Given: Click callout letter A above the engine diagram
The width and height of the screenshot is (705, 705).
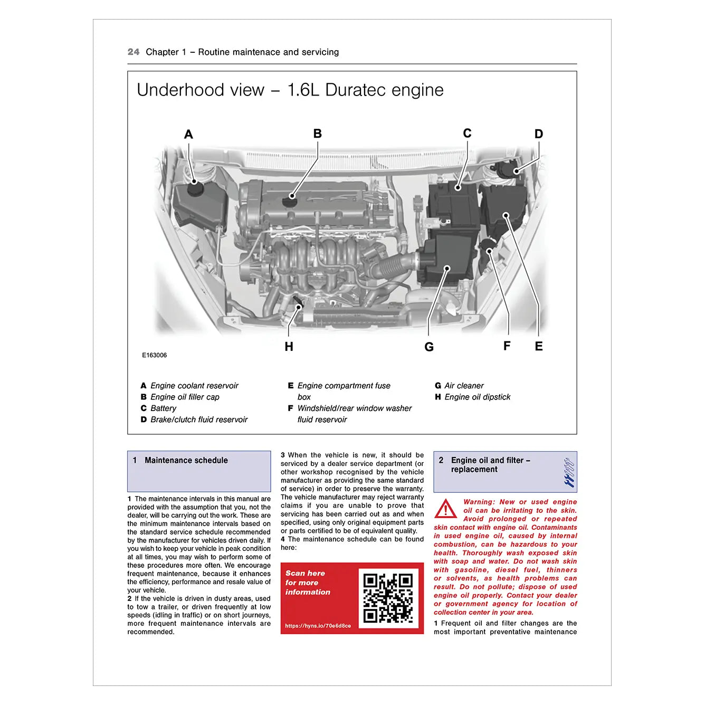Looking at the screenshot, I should click(188, 135).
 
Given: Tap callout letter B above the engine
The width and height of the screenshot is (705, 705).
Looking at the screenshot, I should click(317, 134).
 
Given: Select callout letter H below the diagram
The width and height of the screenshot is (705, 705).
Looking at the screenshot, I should click(289, 347).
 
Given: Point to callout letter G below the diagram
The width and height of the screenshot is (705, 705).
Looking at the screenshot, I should click(429, 347).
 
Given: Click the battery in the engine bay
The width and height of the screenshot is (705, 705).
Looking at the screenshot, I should click(453, 203).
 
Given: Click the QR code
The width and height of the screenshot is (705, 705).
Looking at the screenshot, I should click(388, 598).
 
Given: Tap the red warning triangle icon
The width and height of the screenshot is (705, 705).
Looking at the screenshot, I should click(445, 509).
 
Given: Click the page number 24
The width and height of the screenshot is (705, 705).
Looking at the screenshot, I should click(134, 52).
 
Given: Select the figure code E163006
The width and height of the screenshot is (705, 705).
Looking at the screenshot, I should click(154, 355).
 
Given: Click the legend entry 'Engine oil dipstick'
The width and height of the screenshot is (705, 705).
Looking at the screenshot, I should click(477, 397).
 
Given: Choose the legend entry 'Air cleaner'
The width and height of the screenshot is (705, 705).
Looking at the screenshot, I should click(464, 386).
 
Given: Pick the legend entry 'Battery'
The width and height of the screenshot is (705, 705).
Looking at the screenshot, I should click(163, 408).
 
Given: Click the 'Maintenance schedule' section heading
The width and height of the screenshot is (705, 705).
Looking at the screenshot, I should click(186, 460).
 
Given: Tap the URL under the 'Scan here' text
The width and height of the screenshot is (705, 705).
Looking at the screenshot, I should click(318, 626).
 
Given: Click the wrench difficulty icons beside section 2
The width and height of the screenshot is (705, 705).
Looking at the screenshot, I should click(568, 472).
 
